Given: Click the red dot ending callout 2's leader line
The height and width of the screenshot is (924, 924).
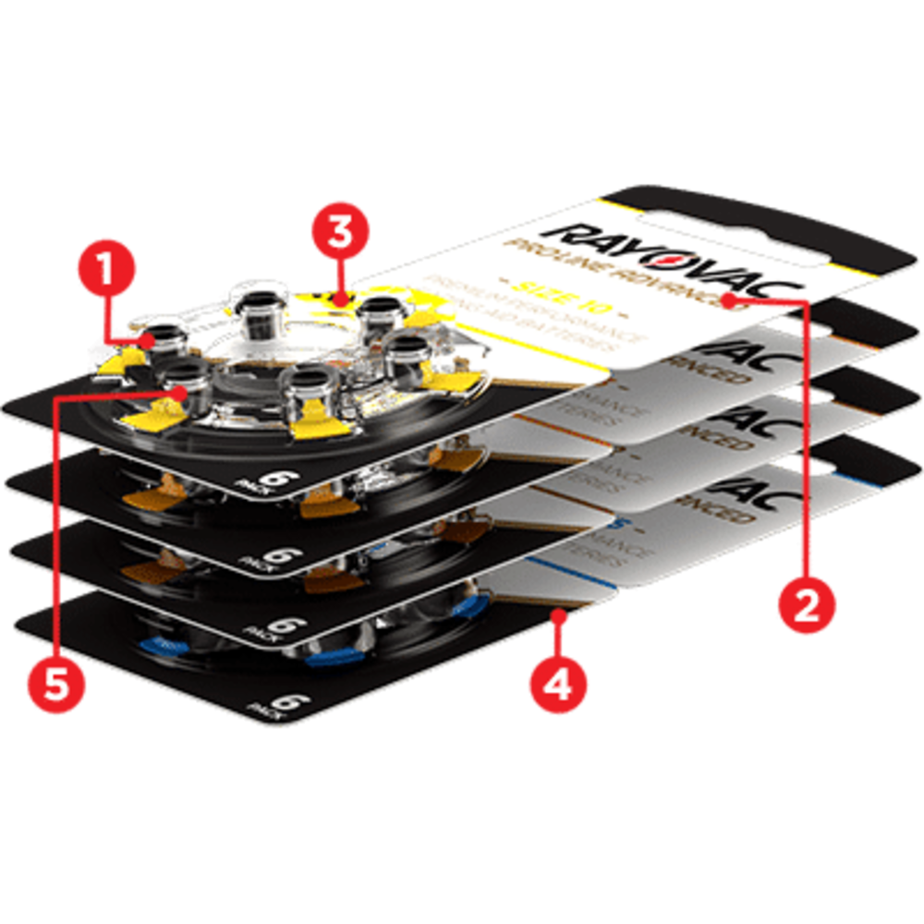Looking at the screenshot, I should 730,299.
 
